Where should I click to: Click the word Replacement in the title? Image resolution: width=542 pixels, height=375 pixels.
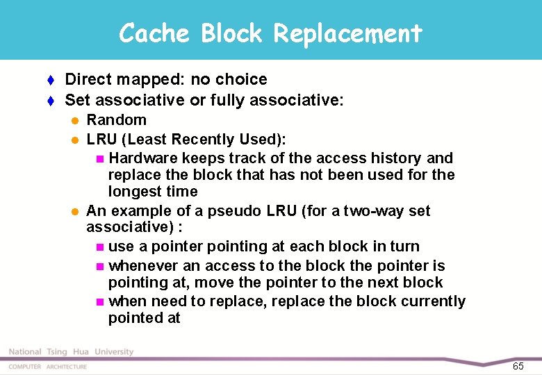pos(347,33)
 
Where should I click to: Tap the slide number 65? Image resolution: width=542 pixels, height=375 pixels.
pos(518,365)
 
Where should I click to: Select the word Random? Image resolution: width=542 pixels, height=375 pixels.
pos(116,120)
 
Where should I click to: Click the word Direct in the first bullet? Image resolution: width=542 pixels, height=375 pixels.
pos(86,80)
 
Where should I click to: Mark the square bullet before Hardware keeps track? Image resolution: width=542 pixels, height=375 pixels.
pos(101,159)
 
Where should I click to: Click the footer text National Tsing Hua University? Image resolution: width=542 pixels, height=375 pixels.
pos(71,352)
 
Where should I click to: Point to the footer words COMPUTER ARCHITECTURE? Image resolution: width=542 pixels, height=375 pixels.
pos(48,366)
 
